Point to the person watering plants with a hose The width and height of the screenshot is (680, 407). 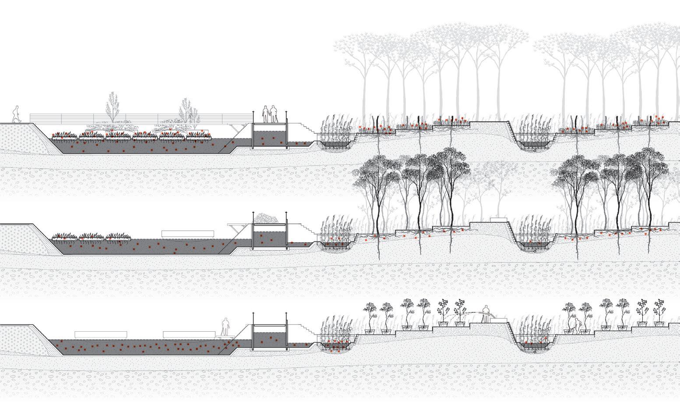click(485, 314)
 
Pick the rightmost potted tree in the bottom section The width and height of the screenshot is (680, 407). click(659, 313)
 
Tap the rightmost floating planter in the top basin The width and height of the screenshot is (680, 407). click(200, 136)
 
